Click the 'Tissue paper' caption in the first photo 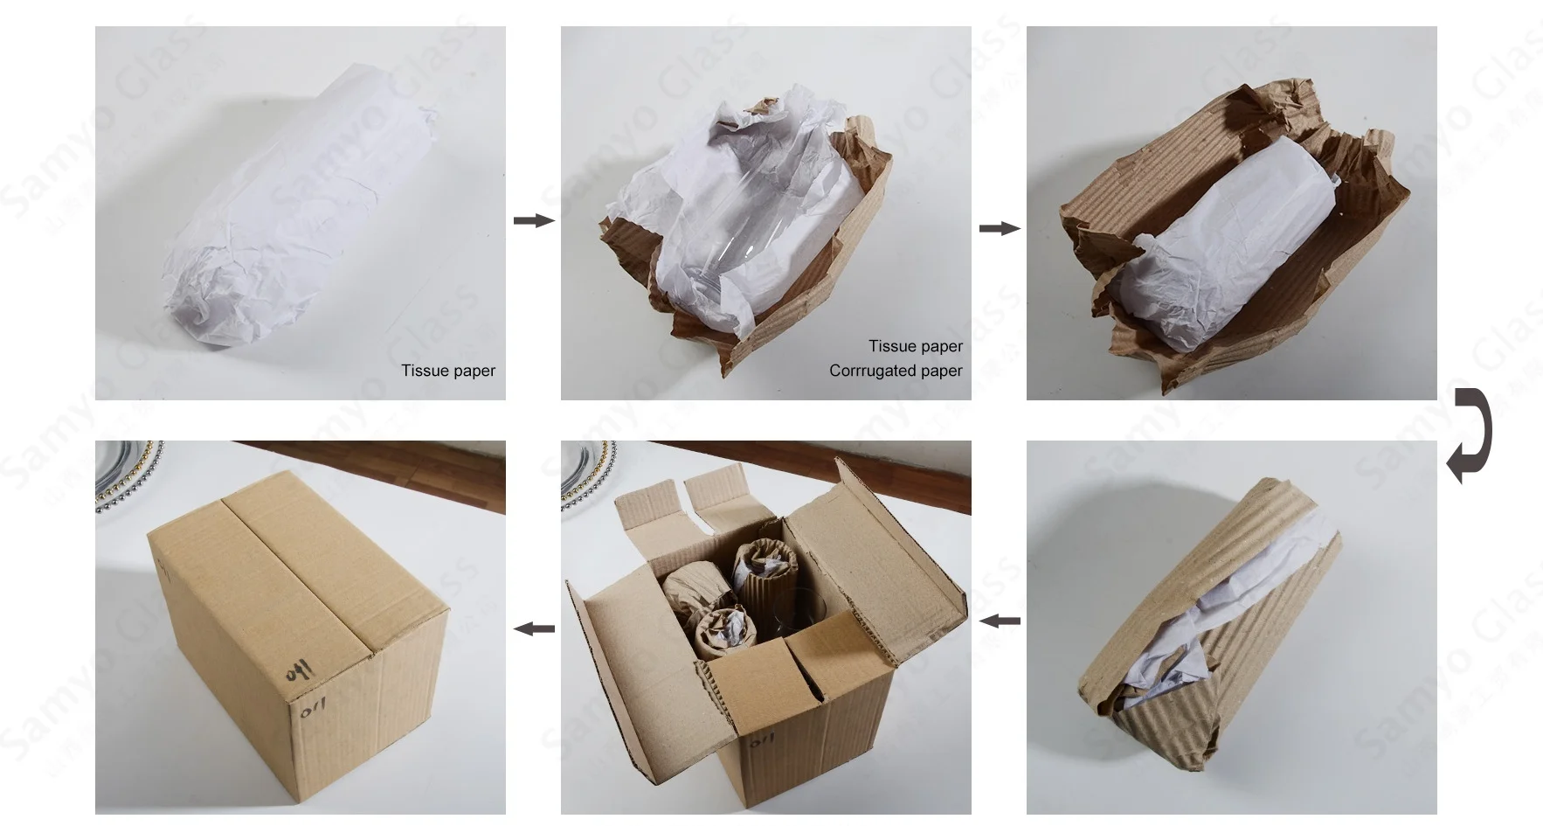point(448,371)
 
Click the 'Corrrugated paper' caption point(896,371)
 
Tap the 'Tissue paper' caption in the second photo point(915,346)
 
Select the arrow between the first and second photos point(533,220)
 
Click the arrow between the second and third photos point(999,228)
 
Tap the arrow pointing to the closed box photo point(533,628)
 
